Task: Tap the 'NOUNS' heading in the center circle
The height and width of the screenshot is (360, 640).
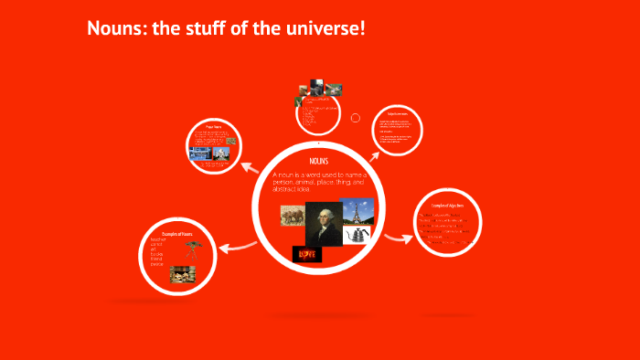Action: [319, 161]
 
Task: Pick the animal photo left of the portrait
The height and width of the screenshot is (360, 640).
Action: [294, 217]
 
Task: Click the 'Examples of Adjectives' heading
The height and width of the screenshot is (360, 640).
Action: [447, 207]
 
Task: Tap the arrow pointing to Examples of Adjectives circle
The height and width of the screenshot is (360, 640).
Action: [400, 238]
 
